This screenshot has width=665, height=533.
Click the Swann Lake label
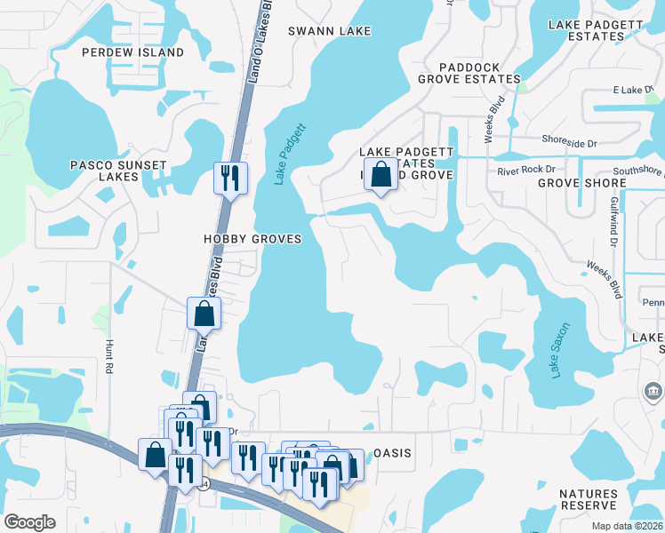pos(330,31)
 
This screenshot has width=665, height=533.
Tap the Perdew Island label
pos(132,52)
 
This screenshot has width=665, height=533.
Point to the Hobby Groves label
pos(252,240)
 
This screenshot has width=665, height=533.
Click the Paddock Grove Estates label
pos(469,72)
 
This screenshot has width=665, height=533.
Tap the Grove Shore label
pos(581,183)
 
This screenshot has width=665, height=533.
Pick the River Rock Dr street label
pos(525,170)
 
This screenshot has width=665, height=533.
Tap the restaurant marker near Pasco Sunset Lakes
pos(230,178)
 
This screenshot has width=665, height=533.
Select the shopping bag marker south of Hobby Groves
pos(204,313)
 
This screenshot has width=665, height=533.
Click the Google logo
pos(29,522)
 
